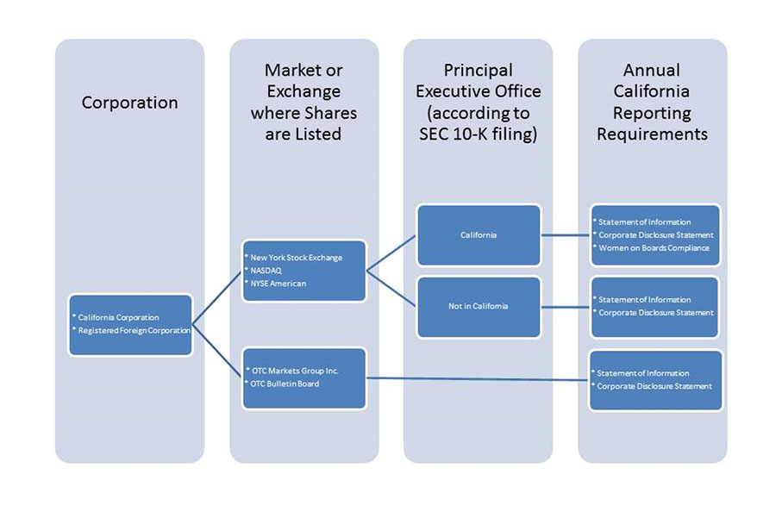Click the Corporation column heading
pos(129,103)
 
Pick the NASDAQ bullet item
pos(266,270)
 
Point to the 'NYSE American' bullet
pos(279,283)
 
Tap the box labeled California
pos(479,234)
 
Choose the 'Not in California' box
pos(479,306)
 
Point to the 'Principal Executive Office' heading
pos(478,91)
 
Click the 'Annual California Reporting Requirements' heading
pos(652,102)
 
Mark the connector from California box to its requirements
pos(565,234)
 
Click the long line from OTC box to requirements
pos(479,378)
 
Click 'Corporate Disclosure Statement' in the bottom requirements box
pos(656,386)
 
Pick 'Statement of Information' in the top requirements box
pos(645,222)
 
